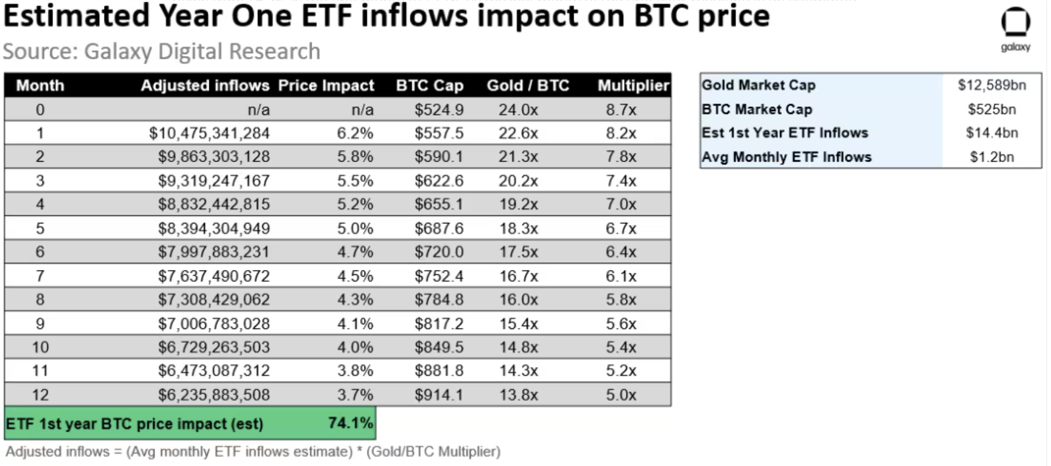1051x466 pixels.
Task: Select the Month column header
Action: click(40, 86)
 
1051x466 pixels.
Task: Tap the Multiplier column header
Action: click(633, 86)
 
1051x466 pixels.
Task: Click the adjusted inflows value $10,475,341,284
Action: click(209, 133)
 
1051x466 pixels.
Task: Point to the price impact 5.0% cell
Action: click(355, 228)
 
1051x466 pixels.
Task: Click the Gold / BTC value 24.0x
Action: click(518, 110)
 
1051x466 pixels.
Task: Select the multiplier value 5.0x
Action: click(621, 395)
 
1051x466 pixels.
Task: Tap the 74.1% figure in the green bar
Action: click(350, 423)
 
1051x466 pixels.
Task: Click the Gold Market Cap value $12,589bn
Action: click(992, 85)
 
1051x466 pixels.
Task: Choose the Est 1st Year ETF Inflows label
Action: click(785, 133)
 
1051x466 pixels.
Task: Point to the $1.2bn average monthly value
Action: click(992, 157)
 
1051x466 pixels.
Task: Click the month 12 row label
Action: click(40, 395)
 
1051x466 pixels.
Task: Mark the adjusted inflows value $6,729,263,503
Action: click(214, 347)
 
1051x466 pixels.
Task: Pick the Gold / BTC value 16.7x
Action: click(519, 276)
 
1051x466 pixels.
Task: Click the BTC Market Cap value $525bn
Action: click(992, 109)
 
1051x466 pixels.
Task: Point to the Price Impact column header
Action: click(326, 86)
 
